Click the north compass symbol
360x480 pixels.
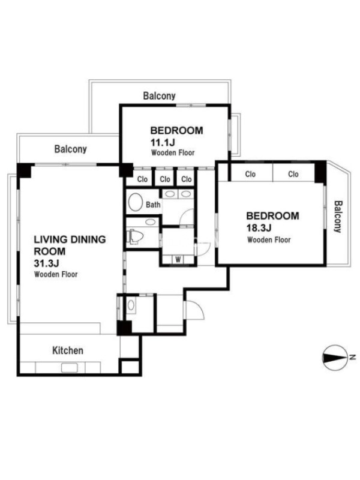(x=334, y=358)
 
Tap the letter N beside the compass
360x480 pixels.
(x=353, y=357)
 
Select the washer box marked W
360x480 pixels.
(x=178, y=260)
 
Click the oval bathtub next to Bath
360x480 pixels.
(x=136, y=202)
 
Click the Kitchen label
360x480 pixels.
(x=68, y=350)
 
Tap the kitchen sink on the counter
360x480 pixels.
(x=69, y=367)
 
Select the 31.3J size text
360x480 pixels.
(x=46, y=263)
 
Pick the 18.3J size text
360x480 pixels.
(x=259, y=228)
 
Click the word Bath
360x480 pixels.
(x=153, y=205)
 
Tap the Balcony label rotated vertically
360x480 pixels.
(x=338, y=217)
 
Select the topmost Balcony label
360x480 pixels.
(x=159, y=96)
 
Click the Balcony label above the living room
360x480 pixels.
(x=70, y=149)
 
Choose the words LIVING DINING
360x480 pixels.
(x=70, y=239)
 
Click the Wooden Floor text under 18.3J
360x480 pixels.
(x=269, y=239)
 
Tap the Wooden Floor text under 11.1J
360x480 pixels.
(x=173, y=152)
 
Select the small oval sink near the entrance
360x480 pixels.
(x=131, y=305)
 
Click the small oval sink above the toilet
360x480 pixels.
(x=149, y=222)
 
